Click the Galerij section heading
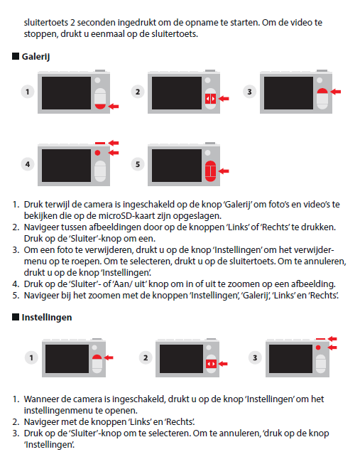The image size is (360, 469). (x=36, y=57)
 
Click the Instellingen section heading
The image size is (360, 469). (x=47, y=318)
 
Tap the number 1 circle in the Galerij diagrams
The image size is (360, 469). (x=28, y=92)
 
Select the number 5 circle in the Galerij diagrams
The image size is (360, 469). (x=138, y=164)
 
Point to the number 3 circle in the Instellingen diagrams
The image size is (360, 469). (x=255, y=357)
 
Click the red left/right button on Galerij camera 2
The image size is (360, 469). (x=210, y=99)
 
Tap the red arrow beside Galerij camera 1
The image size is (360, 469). (x=114, y=106)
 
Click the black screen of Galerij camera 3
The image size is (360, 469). (x=288, y=93)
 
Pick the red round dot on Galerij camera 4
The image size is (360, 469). (x=97, y=153)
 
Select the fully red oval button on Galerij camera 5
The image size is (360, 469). (x=210, y=171)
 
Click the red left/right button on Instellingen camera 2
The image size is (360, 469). (x=211, y=364)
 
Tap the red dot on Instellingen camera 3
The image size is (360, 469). (x=318, y=347)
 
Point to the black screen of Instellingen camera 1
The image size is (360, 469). (x=67, y=359)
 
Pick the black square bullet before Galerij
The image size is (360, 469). (x=16, y=56)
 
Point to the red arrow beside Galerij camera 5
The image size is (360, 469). (x=224, y=171)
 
